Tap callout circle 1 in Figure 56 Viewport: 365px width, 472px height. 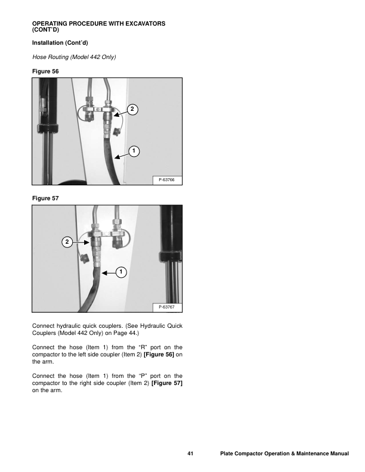click(135, 151)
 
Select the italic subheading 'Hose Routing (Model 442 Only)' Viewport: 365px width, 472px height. click(73, 57)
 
